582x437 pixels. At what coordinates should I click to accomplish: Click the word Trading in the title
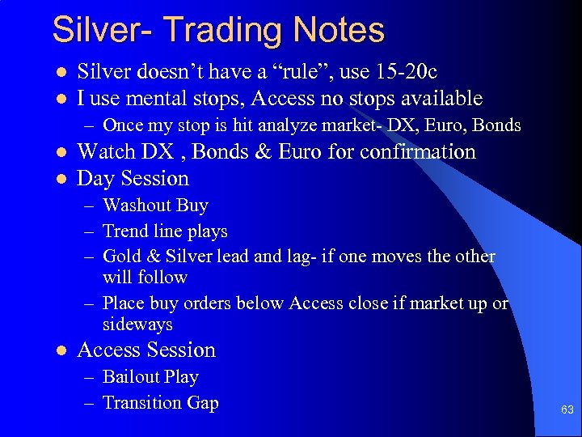point(213,31)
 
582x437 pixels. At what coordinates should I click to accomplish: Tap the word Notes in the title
point(338,31)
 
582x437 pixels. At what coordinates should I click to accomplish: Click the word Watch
point(107,152)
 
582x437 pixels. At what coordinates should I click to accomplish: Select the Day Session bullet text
point(133,179)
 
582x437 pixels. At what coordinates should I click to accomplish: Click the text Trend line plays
point(165,231)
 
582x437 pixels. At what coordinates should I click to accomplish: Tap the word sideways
point(137,325)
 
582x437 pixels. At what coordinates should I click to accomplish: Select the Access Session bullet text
point(146,350)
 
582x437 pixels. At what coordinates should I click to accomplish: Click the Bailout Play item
point(150,377)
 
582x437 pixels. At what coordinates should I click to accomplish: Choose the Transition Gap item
point(160,403)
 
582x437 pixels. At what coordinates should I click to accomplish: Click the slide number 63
point(567,410)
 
